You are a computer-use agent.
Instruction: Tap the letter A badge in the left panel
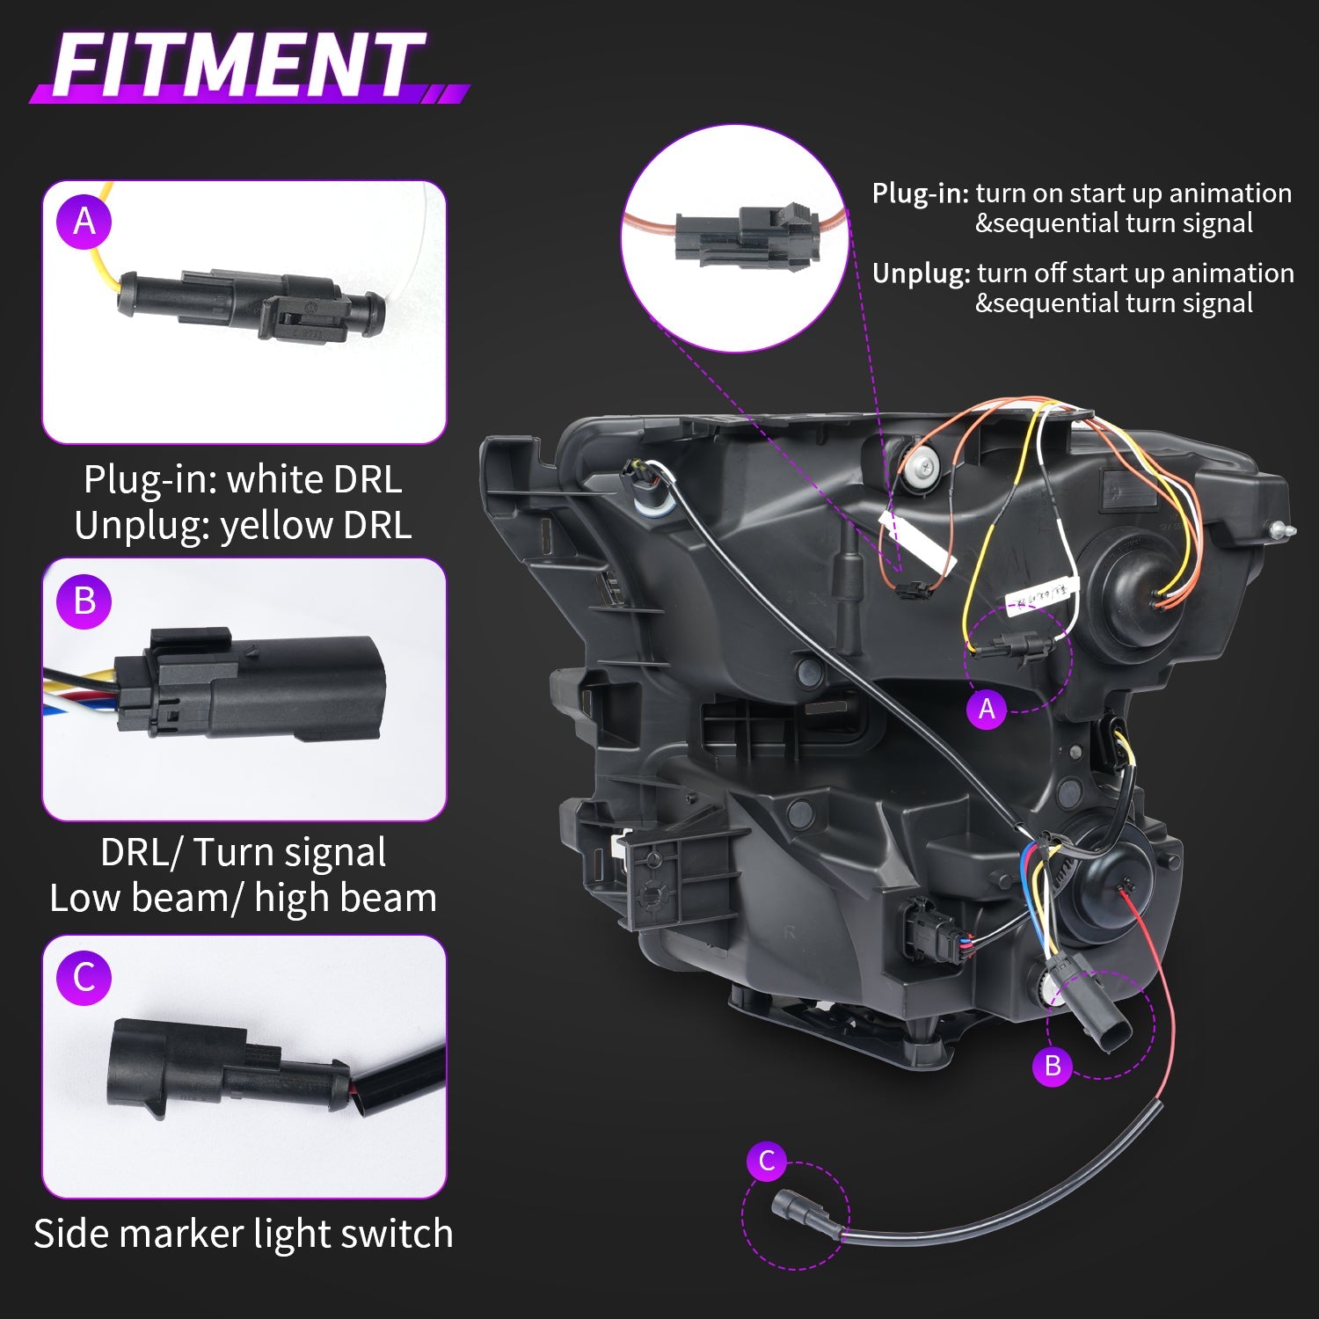[84, 221]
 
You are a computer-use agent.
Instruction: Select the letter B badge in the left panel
[84, 601]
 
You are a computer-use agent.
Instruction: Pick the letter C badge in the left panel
[84, 978]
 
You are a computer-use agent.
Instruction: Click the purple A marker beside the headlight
[987, 709]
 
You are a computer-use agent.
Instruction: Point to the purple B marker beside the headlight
[1053, 1066]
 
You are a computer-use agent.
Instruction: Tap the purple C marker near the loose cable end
[767, 1161]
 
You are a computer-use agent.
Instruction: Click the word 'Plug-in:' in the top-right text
[920, 193]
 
